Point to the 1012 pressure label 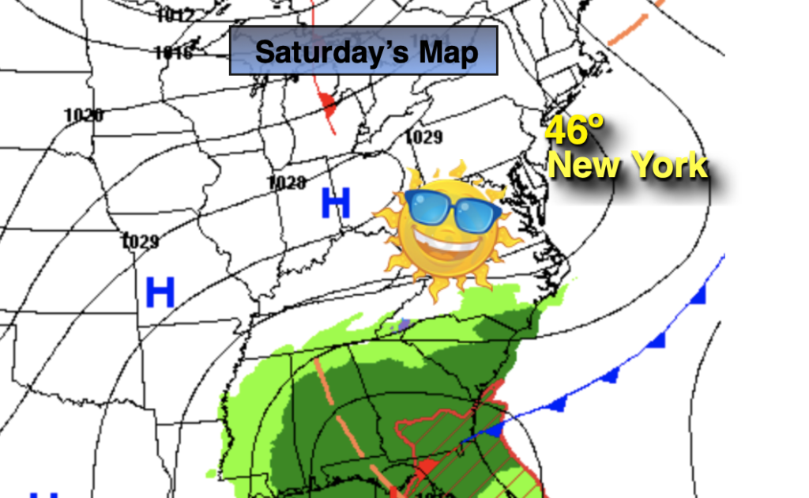click(x=175, y=14)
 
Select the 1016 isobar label click(x=174, y=53)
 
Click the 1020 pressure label click(x=84, y=115)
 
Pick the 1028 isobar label click(x=286, y=183)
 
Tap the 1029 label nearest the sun click(x=423, y=137)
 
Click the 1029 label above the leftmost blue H click(x=141, y=241)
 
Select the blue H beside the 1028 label click(x=335, y=204)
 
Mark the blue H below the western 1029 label click(x=160, y=293)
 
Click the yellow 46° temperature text click(x=574, y=130)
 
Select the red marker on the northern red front click(x=326, y=101)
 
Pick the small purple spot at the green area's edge click(x=404, y=323)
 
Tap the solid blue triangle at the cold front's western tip click(x=493, y=431)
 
